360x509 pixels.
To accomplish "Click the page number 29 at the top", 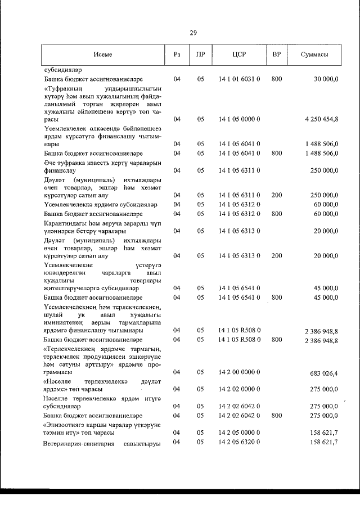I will coord(193,33).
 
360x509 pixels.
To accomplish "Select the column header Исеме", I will coord(103,55).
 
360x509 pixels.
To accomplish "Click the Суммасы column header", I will coord(314,55).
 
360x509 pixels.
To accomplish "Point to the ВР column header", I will coord(276,55).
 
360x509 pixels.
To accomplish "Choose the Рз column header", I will coord(177,55).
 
